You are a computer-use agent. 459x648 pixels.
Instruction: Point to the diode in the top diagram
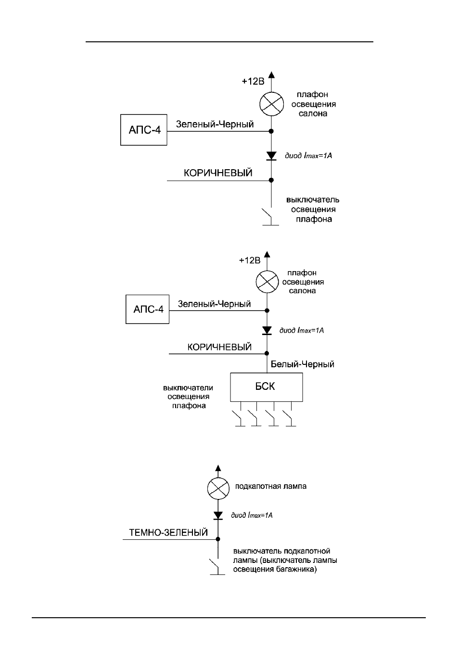pos(271,156)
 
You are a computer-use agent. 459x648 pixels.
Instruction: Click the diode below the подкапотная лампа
pos(218,515)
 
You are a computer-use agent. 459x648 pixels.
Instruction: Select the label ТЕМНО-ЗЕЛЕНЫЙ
pos(168,533)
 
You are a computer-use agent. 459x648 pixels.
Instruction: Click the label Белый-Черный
pos(302,364)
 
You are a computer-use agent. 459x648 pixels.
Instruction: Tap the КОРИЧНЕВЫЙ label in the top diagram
pos(218,173)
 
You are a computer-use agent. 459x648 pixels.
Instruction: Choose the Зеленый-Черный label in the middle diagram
pos(214,304)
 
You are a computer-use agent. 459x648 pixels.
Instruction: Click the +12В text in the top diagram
pos(253,82)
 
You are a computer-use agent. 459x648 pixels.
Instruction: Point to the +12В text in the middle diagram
pos(250,261)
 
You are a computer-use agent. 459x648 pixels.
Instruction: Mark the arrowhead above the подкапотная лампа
pos(218,468)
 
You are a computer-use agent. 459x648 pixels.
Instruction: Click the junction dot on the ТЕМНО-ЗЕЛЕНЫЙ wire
pos(218,539)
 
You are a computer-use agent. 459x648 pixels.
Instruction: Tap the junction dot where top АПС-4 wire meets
pos(271,131)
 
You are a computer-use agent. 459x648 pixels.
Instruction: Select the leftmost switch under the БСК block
pos(239,418)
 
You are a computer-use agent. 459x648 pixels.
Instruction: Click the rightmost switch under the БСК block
pos(289,418)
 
